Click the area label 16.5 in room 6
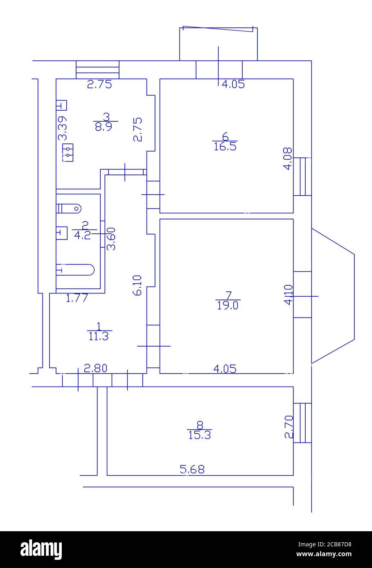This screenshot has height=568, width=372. [x=225, y=146]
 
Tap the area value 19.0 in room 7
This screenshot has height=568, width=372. [x=228, y=305]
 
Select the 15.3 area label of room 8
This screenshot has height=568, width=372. [x=199, y=435]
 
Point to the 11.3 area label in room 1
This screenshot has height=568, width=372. [x=98, y=336]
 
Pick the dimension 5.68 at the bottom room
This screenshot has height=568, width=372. [x=192, y=469]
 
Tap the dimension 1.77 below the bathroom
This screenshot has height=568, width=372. [x=77, y=298]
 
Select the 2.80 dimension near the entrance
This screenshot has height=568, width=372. [x=95, y=368]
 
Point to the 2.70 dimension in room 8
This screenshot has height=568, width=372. [x=289, y=427]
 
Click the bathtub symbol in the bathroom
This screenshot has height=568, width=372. [x=75, y=270]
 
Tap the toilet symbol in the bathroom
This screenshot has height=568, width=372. [x=69, y=209]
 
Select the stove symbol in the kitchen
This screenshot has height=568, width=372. [x=67, y=153]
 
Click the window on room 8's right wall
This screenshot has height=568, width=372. [x=302, y=423]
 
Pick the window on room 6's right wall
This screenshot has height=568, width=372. [x=302, y=177]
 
